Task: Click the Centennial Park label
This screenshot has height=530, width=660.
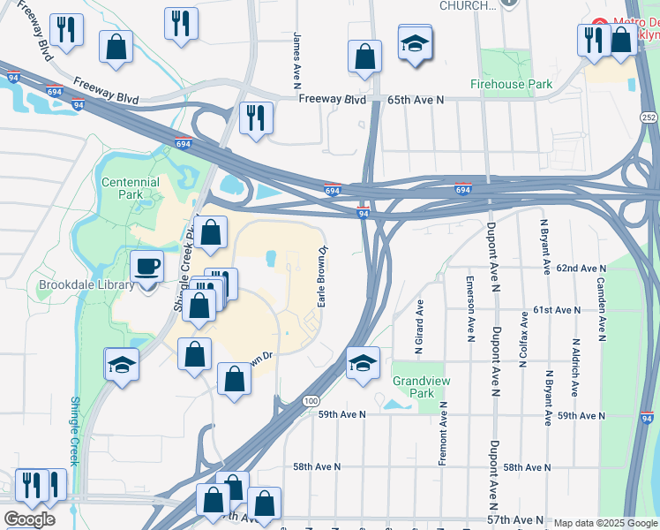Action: point(131,188)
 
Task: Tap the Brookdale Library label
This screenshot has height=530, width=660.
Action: point(86,284)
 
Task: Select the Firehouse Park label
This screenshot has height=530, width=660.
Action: point(511,85)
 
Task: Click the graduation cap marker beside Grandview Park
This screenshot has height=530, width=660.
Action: point(363,363)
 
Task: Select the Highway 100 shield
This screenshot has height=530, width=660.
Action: point(310,401)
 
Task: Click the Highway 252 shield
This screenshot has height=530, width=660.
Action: point(648,117)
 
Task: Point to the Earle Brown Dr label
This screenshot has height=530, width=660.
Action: point(323,277)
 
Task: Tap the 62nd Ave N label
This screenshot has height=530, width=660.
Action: point(581,268)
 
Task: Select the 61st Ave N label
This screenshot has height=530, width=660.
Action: point(557,311)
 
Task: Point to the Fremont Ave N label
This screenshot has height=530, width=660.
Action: point(443,433)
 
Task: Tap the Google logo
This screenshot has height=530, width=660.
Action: point(29,519)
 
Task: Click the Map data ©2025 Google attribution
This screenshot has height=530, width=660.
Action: point(605,523)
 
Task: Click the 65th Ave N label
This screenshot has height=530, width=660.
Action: point(415,101)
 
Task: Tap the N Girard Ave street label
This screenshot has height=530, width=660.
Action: point(420,322)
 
